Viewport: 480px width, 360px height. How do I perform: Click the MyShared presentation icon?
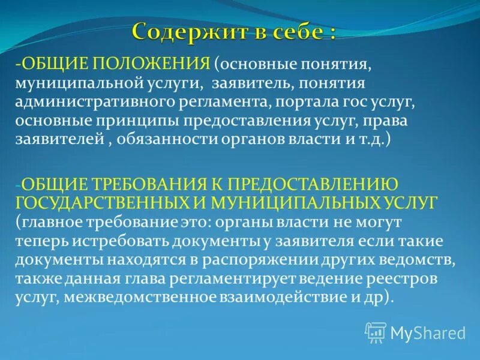[376, 332]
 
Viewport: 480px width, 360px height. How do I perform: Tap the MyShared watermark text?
[428, 332]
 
